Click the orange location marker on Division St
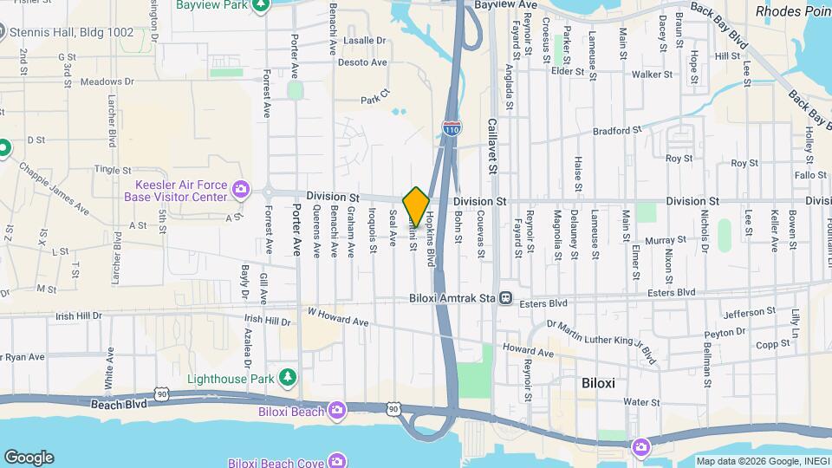[416, 206]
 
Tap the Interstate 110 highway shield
[452, 128]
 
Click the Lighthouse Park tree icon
[288, 378]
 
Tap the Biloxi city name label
[605, 381]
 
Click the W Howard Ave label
[338, 316]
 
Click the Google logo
[28, 457]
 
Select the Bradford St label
[617, 131]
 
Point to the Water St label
[642, 402]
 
